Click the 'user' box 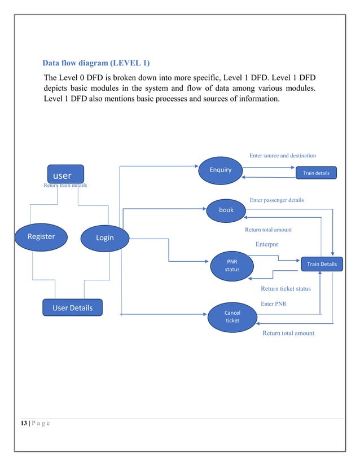point(65,174)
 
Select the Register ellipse point(41,237)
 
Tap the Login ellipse point(104,238)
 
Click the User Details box point(73,307)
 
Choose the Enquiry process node point(221,169)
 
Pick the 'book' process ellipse point(226,209)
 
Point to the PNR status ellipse point(232,266)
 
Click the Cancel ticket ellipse point(232,316)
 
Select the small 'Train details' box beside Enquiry point(317,173)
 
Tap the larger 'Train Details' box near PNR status point(322,264)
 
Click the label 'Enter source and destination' point(282,155)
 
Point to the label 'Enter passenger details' point(276,200)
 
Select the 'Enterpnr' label point(267,244)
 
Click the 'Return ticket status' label point(286,289)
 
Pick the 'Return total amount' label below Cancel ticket point(288,333)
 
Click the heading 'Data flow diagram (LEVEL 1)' point(96,62)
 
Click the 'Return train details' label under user point(65,185)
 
